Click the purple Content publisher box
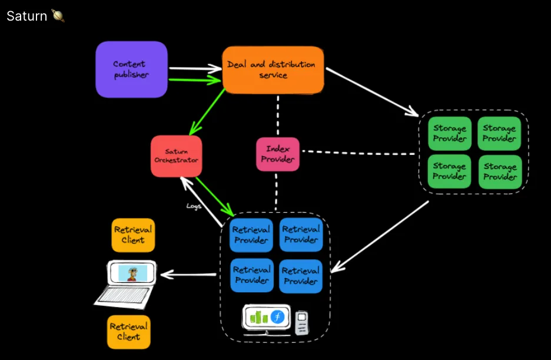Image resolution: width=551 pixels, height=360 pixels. pyautogui.click(x=131, y=70)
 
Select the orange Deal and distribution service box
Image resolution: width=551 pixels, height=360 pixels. pyautogui.click(x=273, y=70)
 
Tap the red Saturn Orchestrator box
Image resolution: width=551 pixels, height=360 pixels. pyautogui.click(x=176, y=156)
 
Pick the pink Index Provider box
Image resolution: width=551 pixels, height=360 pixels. pyautogui.click(x=278, y=154)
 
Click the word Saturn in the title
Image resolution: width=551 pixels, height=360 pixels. pyautogui.click(x=26, y=16)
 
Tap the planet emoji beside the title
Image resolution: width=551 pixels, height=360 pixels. pyautogui.click(x=58, y=16)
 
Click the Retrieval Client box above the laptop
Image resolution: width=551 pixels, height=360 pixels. pyautogui.click(x=133, y=235)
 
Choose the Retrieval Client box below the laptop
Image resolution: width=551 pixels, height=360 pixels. pyautogui.click(x=128, y=332)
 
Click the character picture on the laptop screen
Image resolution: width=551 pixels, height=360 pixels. pyautogui.click(x=132, y=273)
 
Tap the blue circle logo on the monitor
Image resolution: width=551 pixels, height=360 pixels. pyautogui.click(x=277, y=317)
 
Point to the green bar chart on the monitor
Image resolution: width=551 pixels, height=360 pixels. pyautogui.click(x=259, y=317)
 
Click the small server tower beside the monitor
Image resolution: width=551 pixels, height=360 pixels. pyautogui.click(x=302, y=322)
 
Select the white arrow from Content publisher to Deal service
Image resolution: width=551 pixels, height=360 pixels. pyautogui.click(x=194, y=68)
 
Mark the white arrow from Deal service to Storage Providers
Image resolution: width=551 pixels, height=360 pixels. pyautogui.click(x=371, y=91)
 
